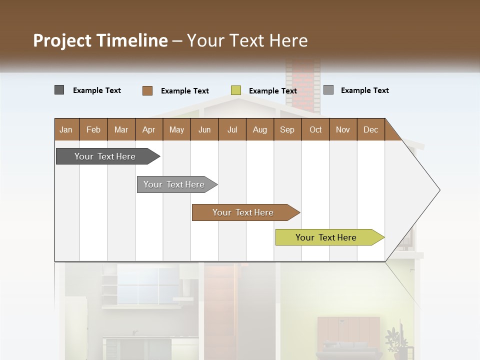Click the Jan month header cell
click(x=66, y=129)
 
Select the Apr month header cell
click(x=149, y=129)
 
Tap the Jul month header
click(x=232, y=129)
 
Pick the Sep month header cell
click(x=287, y=129)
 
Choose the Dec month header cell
click(x=370, y=129)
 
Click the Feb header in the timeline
click(x=93, y=129)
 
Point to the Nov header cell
click(x=343, y=129)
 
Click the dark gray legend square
click(x=59, y=90)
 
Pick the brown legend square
click(x=147, y=90)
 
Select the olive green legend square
click(x=236, y=90)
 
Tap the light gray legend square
click(x=328, y=90)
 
